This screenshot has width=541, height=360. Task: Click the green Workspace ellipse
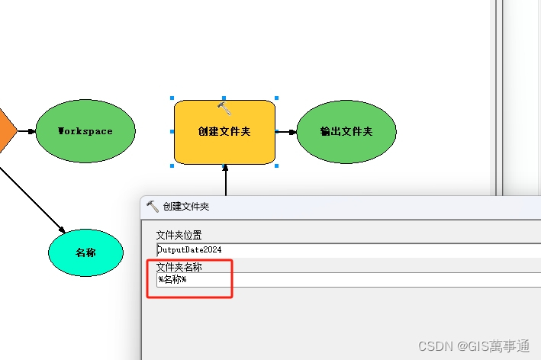click(x=85, y=131)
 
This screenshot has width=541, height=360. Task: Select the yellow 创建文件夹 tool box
click(x=224, y=132)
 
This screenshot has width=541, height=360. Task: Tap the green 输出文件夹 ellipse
click(x=346, y=131)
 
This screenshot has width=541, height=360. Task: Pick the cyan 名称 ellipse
click(x=85, y=252)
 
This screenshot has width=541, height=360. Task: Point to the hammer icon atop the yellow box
click(x=224, y=108)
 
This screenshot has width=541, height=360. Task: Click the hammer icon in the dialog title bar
click(x=152, y=206)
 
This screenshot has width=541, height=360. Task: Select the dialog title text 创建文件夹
click(x=185, y=207)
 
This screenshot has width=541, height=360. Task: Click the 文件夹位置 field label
click(x=179, y=235)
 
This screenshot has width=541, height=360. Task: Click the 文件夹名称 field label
click(x=179, y=267)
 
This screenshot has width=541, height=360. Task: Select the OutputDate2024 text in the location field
click(x=189, y=249)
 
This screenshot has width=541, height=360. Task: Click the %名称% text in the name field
click(x=172, y=280)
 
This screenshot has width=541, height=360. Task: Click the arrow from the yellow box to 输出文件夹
click(x=286, y=131)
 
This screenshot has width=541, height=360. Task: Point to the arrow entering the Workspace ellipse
click(x=27, y=131)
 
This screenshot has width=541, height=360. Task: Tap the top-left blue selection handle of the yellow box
click(x=172, y=98)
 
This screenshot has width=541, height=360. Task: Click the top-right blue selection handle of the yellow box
click(x=276, y=98)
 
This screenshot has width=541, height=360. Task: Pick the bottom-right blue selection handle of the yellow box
click(x=276, y=165)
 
